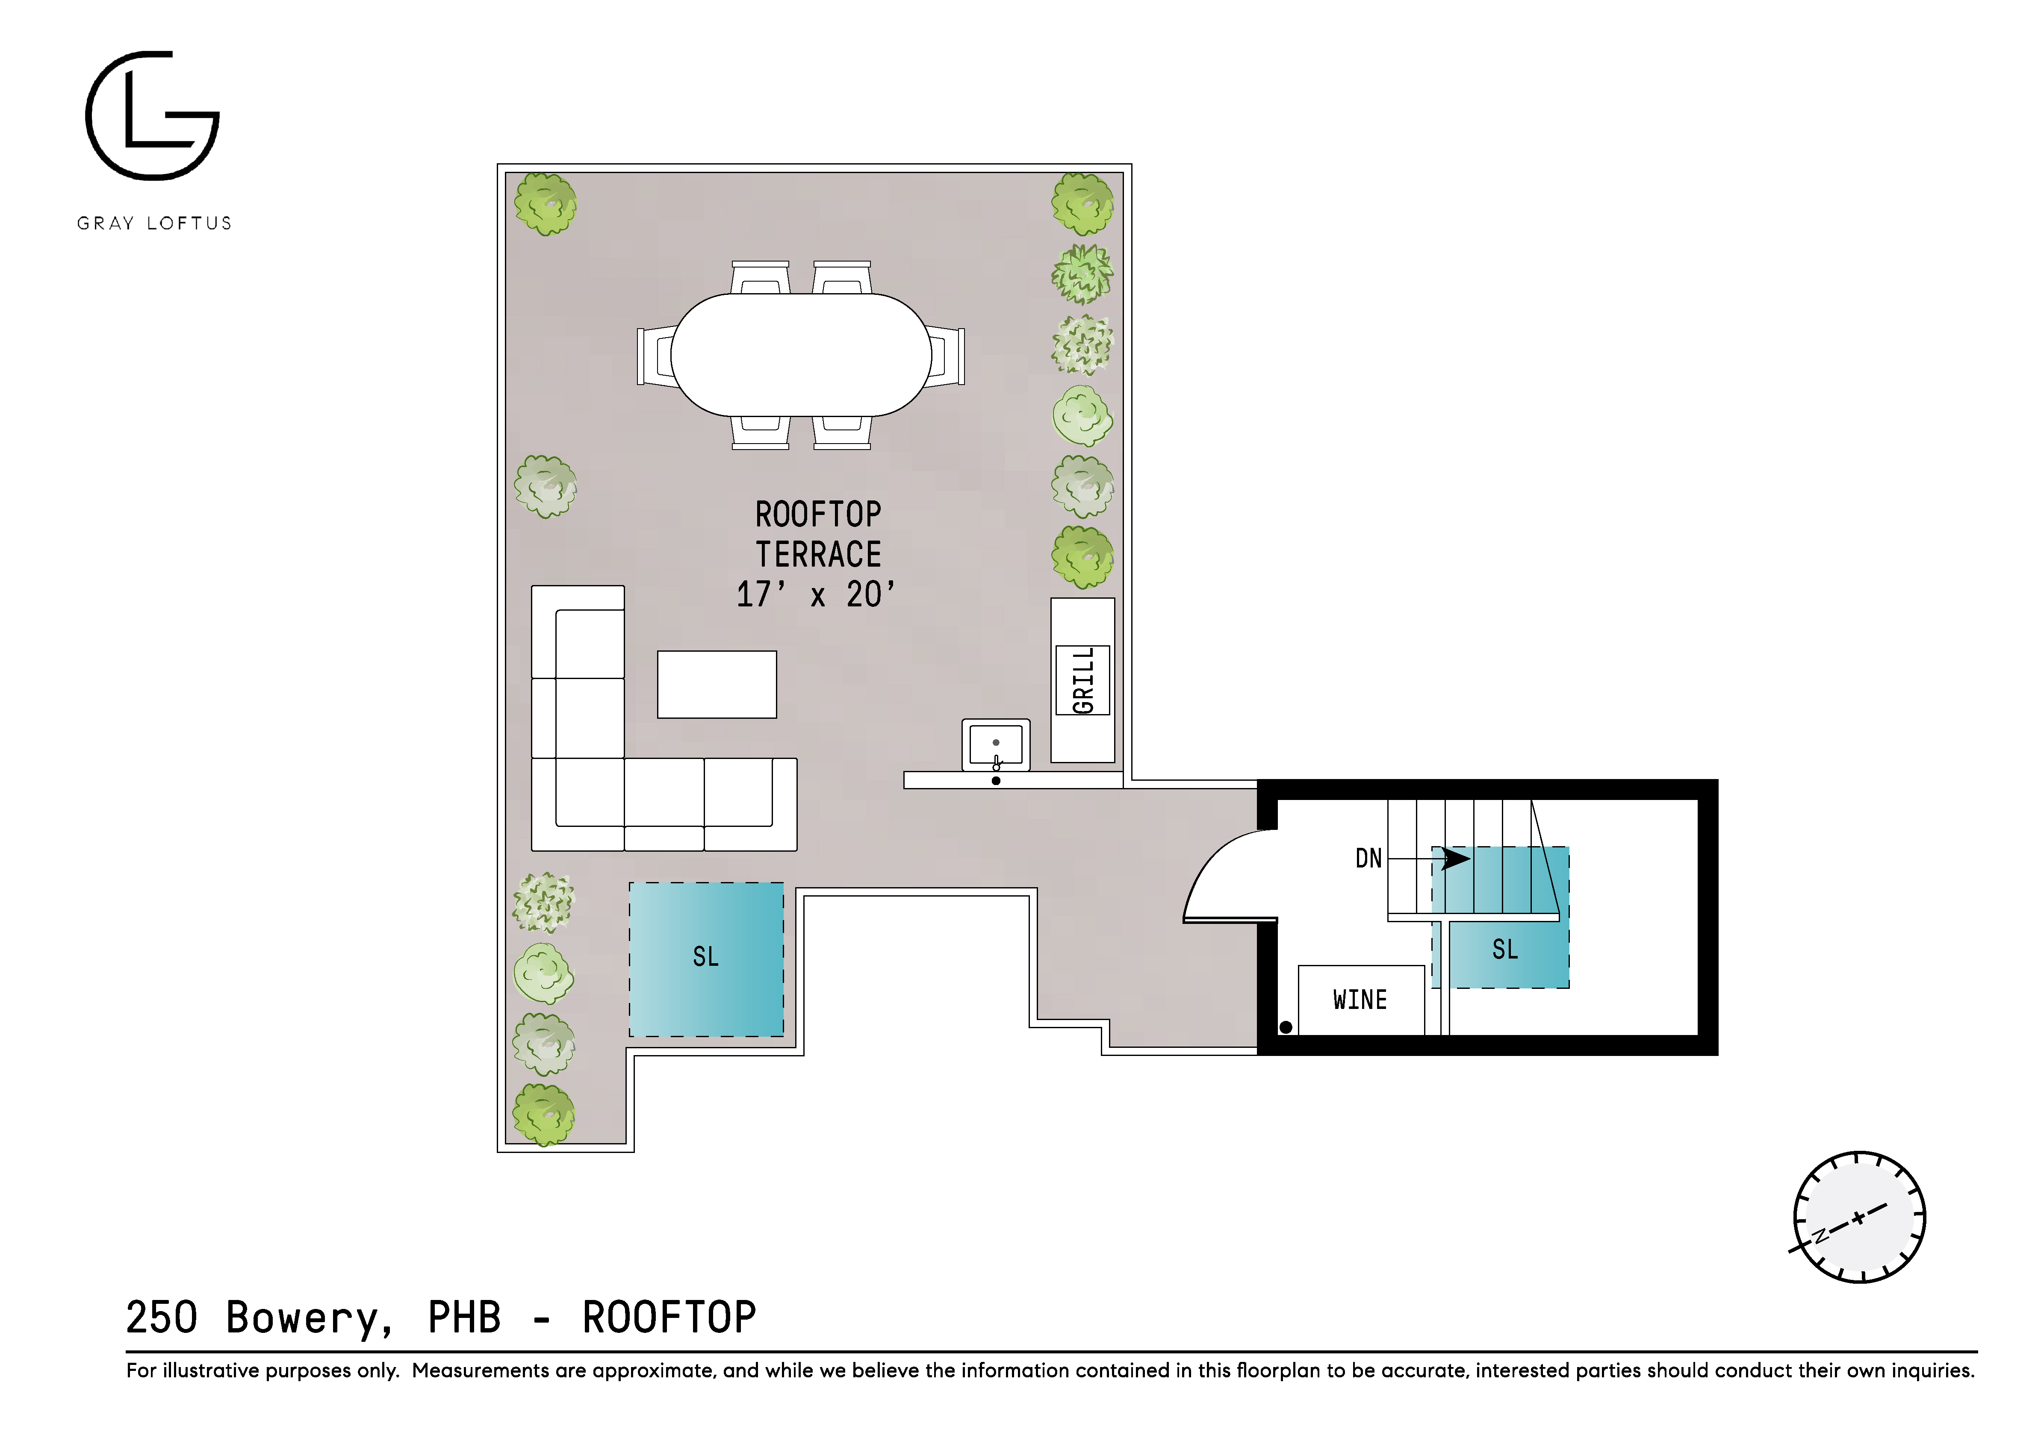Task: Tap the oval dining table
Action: [x=800, y=354]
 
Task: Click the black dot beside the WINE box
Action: [x=1285, y=1027]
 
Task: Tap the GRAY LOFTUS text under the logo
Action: [x=154, y=223]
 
